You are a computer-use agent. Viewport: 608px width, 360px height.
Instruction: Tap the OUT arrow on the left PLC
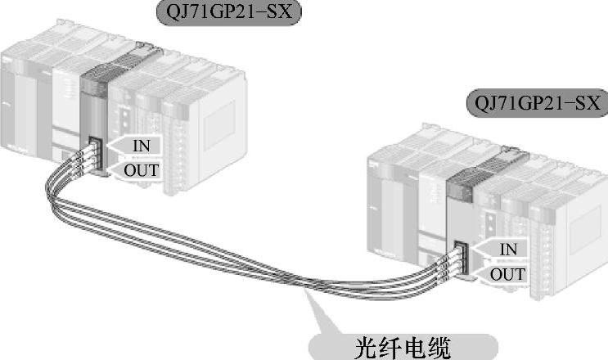point(138,170)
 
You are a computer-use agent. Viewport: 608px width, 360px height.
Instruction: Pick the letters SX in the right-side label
point(582,105)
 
